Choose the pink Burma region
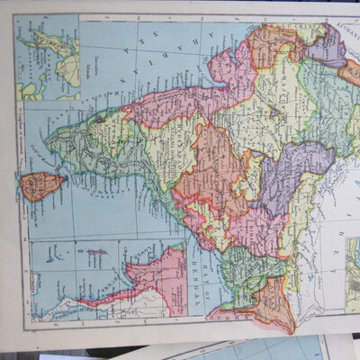(x=135, y=279)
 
